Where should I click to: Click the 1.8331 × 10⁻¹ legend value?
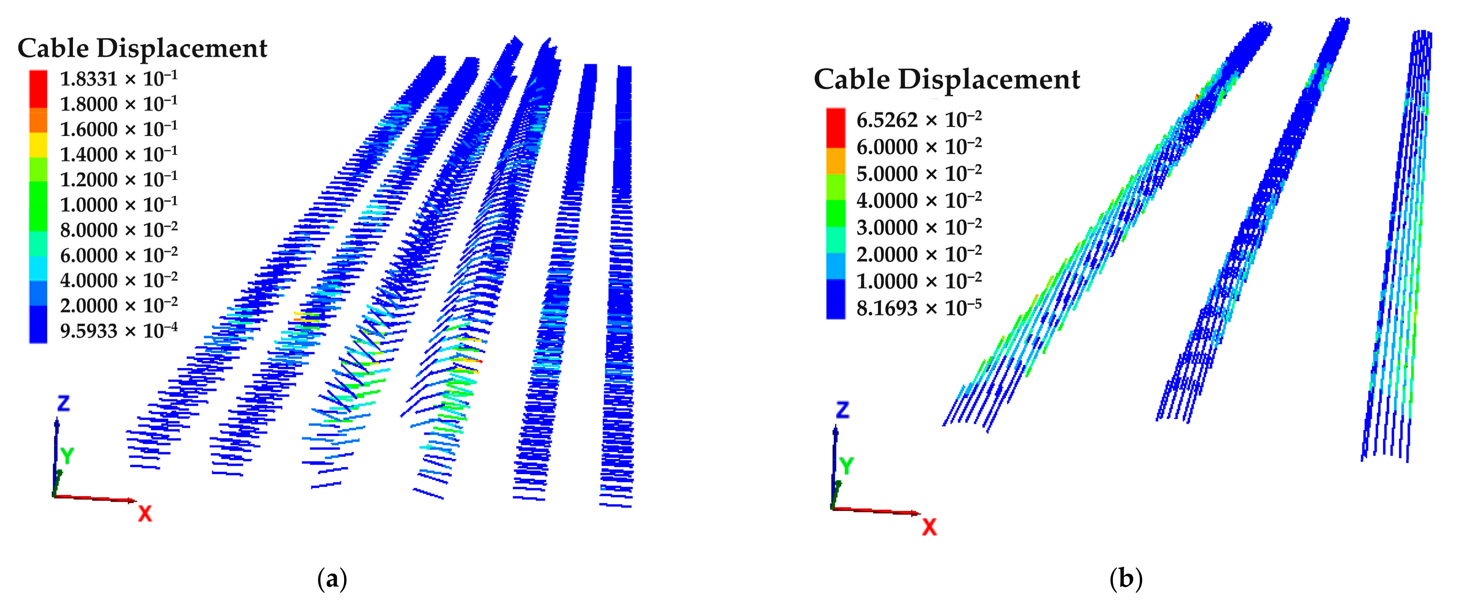click(x=118, y=79)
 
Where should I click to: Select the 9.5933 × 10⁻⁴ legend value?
click(x=118, y=331)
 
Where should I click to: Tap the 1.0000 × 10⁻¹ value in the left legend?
click(x=118, y=204)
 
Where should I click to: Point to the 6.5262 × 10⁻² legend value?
click(x=918, y=120)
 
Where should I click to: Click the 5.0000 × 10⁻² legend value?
click(x=918, y=173)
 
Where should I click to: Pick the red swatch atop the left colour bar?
click(x=38, y=88)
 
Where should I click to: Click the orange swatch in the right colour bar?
click(x=835, y=161)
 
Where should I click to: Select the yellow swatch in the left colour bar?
click(x=38, y=145)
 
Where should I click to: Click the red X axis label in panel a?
click(x=145, y=514)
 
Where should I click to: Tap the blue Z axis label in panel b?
click(x=842, y=410)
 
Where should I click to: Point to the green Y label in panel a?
click(x=67, y=455)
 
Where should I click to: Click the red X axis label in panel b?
click(x=929, y=527)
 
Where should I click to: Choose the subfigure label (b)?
click(x=1126, y=579)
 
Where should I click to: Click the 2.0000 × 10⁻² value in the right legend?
click(x=918, y=254)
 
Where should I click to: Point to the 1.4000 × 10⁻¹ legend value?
click(x=118, y=154)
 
